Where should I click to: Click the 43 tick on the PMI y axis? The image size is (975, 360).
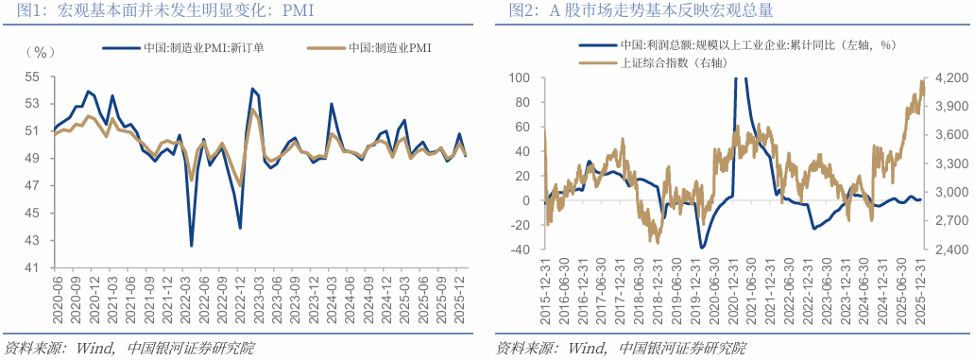tap(32, 242)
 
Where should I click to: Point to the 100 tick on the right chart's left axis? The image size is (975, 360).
tap(522, 77)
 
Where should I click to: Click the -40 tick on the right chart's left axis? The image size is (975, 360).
tap(522, 249)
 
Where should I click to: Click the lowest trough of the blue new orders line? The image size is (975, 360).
tap(192, 246)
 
